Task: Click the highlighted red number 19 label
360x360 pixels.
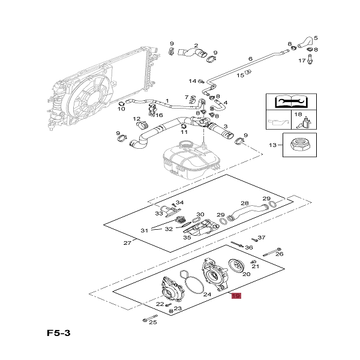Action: tap(236, 296)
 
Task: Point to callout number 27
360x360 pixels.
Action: tap(127, 243)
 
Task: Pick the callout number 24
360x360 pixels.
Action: tap(207, 295)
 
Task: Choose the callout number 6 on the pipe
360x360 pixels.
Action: tap(251, 59)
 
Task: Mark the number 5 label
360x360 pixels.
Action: tap(316, 38)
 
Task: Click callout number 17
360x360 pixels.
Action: tap(302, 61)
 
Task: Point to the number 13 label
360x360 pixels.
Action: tap(272, 145)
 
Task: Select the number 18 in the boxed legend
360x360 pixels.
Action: tap(298, 114)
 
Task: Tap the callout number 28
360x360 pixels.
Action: tap(244, 204)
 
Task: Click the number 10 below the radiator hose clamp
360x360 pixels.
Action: tap(121, 109)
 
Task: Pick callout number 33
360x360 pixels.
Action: tap(158, 213)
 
